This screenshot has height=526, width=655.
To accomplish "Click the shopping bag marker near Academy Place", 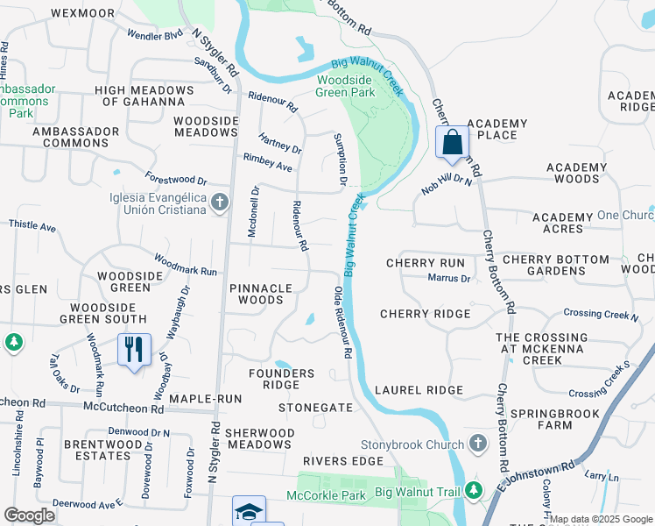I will [452, 142].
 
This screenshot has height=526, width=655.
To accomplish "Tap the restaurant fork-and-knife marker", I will [134, 350].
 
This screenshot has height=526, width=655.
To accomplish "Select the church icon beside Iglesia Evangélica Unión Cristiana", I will [219, 203].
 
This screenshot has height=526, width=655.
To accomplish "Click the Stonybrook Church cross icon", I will [477, 444].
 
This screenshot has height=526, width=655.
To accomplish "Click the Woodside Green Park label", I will [345, 86].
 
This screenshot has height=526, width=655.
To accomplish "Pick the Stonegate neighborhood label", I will [315, 408].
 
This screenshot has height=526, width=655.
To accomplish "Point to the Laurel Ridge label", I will [418, 390].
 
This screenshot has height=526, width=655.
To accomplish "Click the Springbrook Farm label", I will [547, 418].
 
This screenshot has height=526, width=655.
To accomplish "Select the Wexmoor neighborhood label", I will [83, 13].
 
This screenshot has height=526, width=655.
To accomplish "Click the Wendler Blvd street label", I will [155, 36].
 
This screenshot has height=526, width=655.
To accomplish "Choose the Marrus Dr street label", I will [449, 279].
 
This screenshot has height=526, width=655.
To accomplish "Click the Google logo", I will [29, 515].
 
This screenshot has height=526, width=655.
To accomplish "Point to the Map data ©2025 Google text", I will [601, 519].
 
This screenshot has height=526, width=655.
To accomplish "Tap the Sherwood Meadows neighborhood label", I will [258, 438].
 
